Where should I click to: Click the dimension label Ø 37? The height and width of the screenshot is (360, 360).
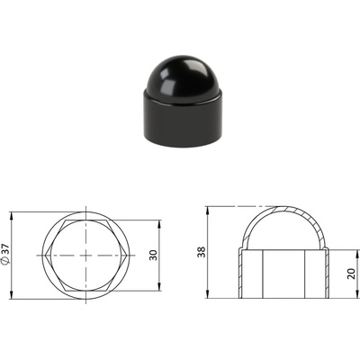tap(6, 255)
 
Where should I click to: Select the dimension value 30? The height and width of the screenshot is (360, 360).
tap(153, 256)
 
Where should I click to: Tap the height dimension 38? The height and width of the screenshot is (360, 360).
tap(202, 252)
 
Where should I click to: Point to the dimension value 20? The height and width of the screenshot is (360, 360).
tap(351, 274)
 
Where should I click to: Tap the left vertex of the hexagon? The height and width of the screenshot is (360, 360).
tap(45, 256)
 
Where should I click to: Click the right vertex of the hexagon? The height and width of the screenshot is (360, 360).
tap(127, 256)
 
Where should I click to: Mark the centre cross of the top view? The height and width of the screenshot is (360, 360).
tap(85, 256)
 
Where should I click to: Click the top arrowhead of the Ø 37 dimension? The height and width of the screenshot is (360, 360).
tap(12, 215)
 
